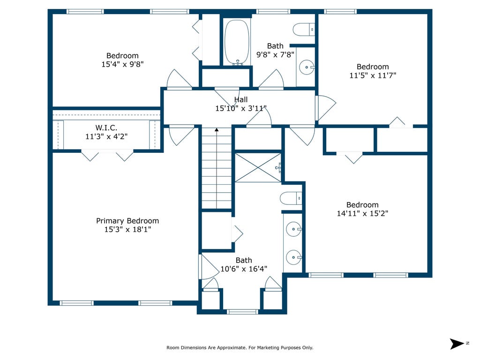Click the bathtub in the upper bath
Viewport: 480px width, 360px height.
tap(237, 42)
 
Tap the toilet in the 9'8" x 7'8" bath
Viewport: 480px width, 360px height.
tap(304, 30)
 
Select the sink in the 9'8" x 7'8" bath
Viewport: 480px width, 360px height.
tap(307, 67)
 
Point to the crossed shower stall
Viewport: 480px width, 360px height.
tap(258, 168)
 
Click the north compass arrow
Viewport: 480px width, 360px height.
tap(457, 344)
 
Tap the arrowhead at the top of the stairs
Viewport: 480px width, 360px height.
tap(217, 130)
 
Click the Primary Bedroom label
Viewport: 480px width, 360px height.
tap(127, 221)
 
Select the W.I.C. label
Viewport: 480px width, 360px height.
tap(106, 127)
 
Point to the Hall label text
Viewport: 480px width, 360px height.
tap(241, 99)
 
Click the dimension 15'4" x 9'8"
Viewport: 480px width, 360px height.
tap(122, 64)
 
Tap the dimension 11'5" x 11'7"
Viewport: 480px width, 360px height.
tap(373, 75)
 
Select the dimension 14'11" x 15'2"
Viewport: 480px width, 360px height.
tap(362, 213)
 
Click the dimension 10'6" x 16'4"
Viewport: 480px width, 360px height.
tap(244, 269)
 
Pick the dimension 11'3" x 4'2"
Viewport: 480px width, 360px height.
tap(106, 136)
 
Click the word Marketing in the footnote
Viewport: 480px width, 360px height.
tap(268, 347)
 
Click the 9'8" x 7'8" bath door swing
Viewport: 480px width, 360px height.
tap(271, 79)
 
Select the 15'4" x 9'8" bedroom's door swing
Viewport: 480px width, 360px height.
tap(179, 79)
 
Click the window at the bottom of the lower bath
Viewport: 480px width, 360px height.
tap(242, 312)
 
